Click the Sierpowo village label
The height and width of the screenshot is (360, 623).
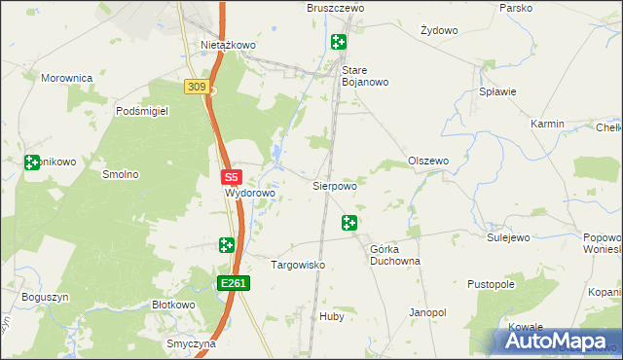click(x=334, y=184)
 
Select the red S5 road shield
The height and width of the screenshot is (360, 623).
click(x=231, y=178)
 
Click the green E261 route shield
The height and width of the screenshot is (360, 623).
click(x=235, y=283)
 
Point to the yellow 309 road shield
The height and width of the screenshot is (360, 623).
click(x=197, y=88)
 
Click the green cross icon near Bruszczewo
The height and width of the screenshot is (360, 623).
click(x=338, y=42)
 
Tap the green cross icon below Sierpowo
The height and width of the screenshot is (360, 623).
click(x=349, y=224)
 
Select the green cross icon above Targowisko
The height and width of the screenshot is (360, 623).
click(x=227, y=245)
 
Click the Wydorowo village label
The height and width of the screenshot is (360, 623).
click(x=250, y=193)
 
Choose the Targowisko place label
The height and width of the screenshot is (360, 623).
click(x=297, y=265)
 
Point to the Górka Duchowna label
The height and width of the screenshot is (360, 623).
click(x=394, y=255)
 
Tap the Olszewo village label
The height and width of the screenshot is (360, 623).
click(x=427, y=161)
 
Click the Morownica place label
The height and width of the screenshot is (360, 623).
click(x=66, y=77)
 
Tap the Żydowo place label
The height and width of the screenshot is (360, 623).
click(x=438, y=30)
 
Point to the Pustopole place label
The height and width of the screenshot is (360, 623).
click(x=490, y=284)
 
